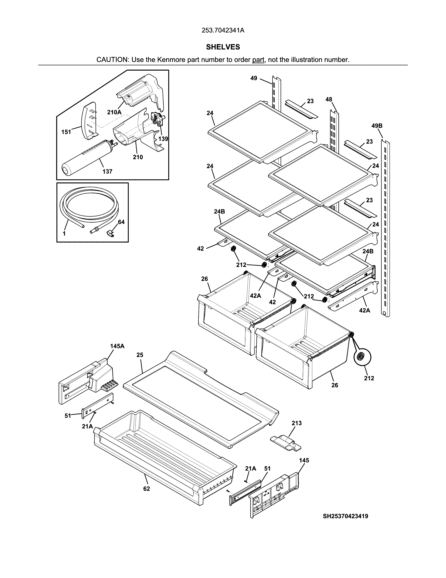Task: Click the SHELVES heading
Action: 223,47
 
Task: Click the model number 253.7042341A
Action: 223,30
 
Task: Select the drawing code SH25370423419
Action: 345,516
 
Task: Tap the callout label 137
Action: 107,171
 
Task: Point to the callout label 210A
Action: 114,112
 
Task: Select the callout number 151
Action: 66,132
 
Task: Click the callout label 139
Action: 163,139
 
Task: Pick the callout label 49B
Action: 377,126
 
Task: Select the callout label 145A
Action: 117,346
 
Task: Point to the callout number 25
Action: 140,355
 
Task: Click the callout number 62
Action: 146,489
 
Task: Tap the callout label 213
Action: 296,423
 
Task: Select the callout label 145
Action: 304,460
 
